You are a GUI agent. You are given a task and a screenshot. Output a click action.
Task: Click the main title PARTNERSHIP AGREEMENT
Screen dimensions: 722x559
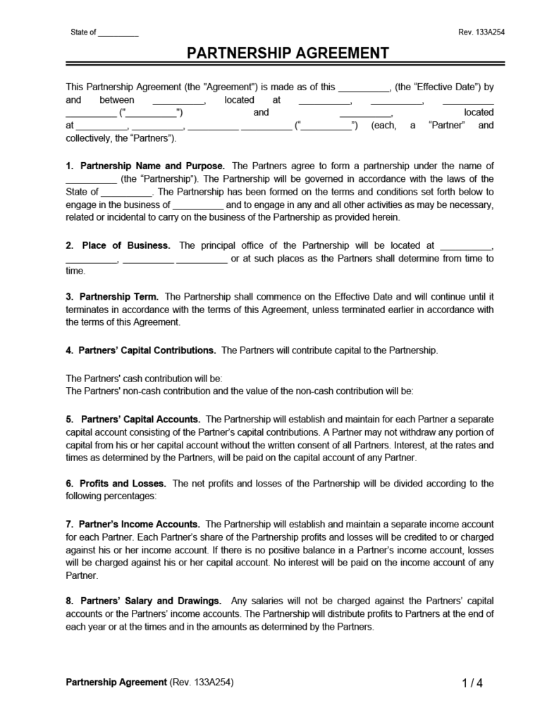pyautogui.click(x=288, y=54)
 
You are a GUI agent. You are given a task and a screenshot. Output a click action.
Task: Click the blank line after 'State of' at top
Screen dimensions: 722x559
pyautogui.click(x=118, y=33)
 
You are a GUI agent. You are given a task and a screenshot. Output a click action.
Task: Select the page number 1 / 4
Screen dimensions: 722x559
pyautogui.click(x=472, y=683)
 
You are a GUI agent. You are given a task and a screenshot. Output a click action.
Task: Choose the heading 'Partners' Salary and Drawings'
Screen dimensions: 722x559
pyautogui.click(x=151, y=601)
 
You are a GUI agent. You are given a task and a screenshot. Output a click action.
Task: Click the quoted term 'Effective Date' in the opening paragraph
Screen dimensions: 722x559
pyautogui.click(x=439, y=87)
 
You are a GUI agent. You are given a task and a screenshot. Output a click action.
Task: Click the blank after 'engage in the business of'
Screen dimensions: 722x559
pyautogui.click(x=198, y=204)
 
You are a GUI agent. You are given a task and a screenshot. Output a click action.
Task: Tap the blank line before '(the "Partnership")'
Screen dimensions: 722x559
pyautogui.click(x=91, y=179)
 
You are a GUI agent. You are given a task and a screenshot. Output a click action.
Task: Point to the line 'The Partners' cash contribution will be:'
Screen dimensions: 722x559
pyautogui.click(x=144, y=378)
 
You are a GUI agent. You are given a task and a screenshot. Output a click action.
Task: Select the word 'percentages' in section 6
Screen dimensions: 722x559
pyautogui.click(x=132, y=496)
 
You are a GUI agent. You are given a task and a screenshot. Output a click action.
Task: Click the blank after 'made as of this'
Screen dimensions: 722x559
pyautogui.click(x=364, y=87)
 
